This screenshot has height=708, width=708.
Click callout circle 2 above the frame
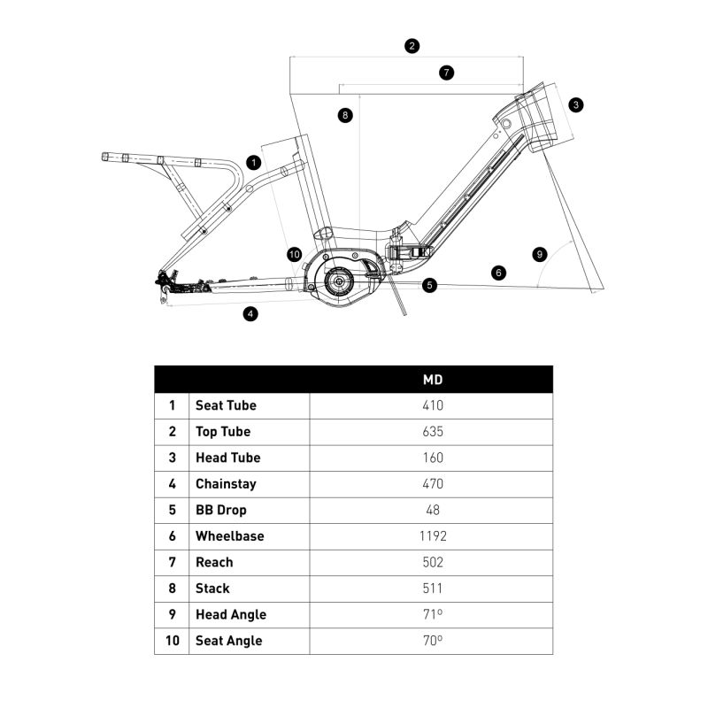[412, 46]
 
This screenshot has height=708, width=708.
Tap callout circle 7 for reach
[446, 73]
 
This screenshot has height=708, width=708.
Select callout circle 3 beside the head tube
[576, 104]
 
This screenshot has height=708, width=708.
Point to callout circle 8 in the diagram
[344, 115]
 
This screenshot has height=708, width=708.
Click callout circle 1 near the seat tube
[254, 163]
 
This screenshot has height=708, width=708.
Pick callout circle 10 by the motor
[295, 255]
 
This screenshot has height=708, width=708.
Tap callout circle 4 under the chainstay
[251, 313]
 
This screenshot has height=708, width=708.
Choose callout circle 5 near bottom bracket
[429, 285]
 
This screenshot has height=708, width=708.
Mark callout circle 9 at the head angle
[540, 254]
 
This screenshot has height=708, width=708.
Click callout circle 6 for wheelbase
[499, 273]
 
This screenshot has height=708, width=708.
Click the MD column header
[432, 380]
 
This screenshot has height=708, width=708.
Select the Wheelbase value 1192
[432, 536]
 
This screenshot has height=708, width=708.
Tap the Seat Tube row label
[226, 405]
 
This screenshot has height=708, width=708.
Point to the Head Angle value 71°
[432, 614]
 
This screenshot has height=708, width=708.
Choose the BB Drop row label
[221, 510]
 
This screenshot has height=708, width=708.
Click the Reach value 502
[432, 562]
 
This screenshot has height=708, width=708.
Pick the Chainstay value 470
[432, 484]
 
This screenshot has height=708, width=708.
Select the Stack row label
[212, 589]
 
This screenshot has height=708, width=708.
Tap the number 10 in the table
[172, 641]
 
